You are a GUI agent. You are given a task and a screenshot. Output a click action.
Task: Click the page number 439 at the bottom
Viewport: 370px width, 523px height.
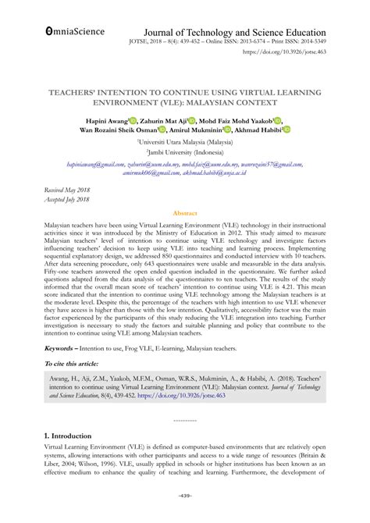click(185, 517)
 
